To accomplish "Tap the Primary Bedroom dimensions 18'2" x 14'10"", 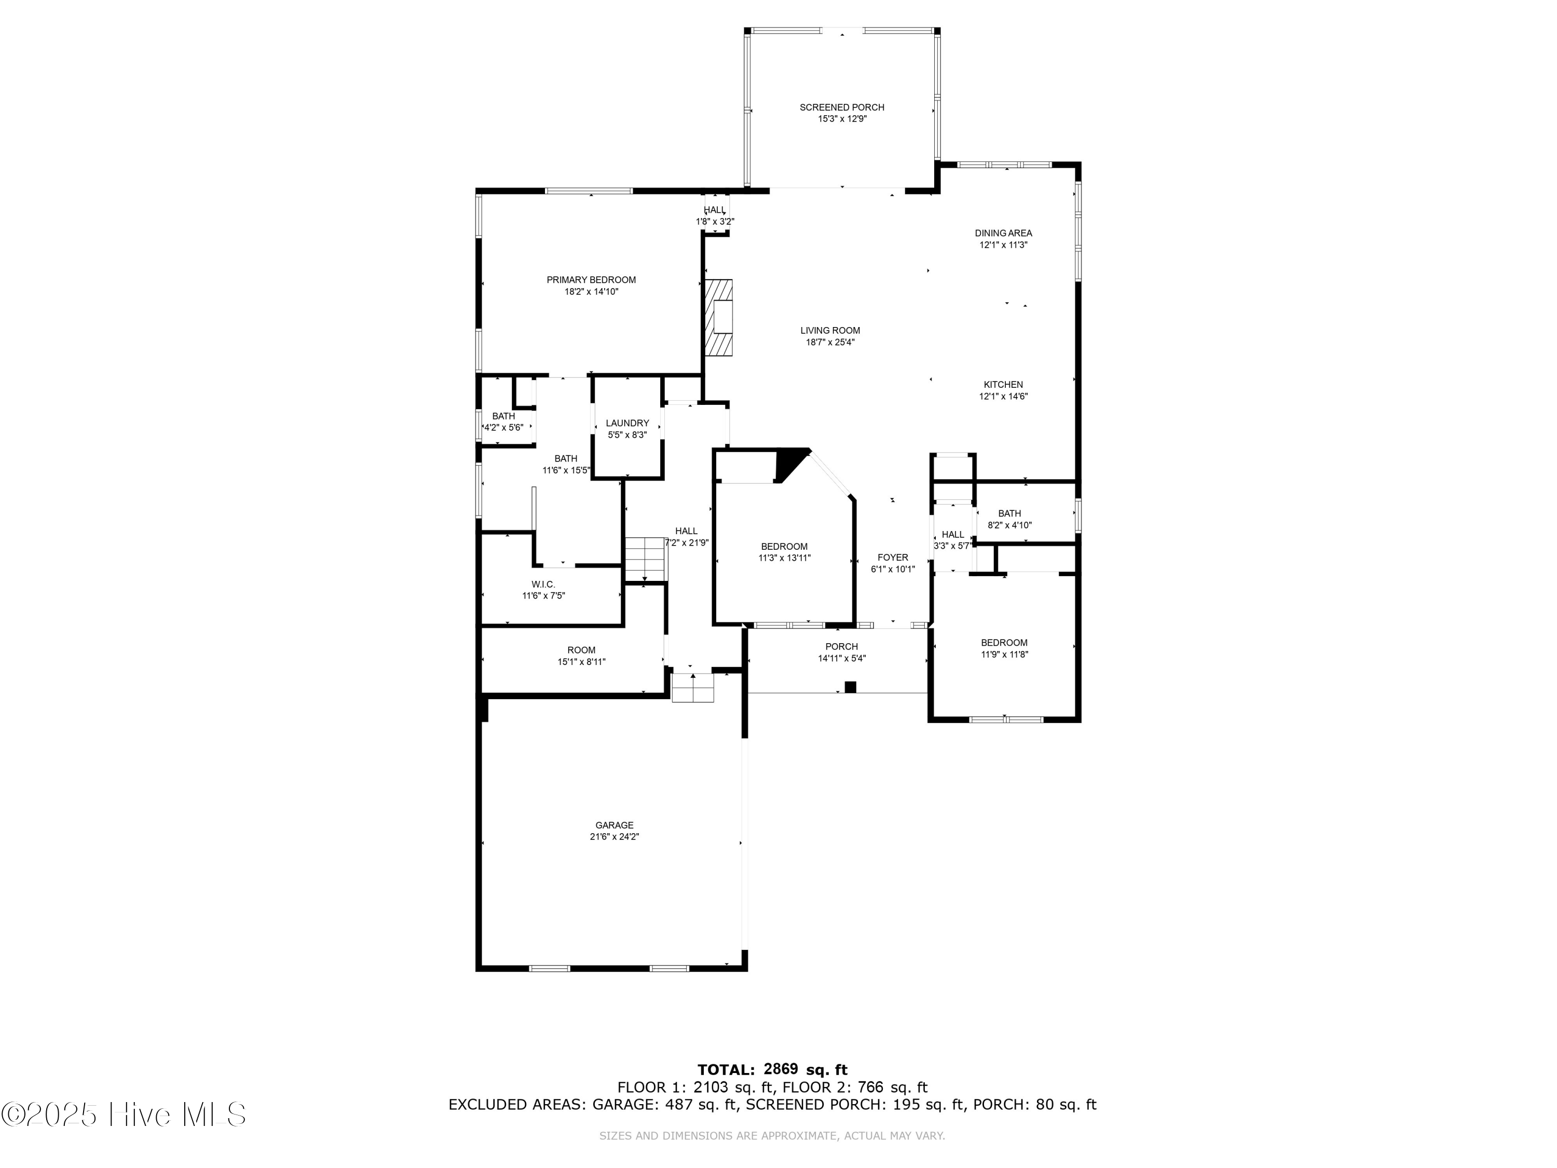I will tap(591, 291).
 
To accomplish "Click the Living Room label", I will tap(830, 330).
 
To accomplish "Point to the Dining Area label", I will tap(1003, 233).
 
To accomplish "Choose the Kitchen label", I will tap(1003, 385).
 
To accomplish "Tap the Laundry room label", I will tap(626, 423).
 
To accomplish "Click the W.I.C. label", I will tap(543, 585).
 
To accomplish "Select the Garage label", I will tap(614, 825).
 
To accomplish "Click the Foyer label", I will tap(893, 558).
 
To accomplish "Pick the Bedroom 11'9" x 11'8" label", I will tap(1004, 643).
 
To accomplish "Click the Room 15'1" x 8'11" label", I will tap(581, 650).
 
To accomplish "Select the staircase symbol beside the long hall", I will tap(645, 558).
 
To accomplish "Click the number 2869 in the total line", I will tap(780, 1070).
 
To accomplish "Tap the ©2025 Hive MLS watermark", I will tap(123, 1115).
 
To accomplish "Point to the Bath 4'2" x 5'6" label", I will tap(503, 416).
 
